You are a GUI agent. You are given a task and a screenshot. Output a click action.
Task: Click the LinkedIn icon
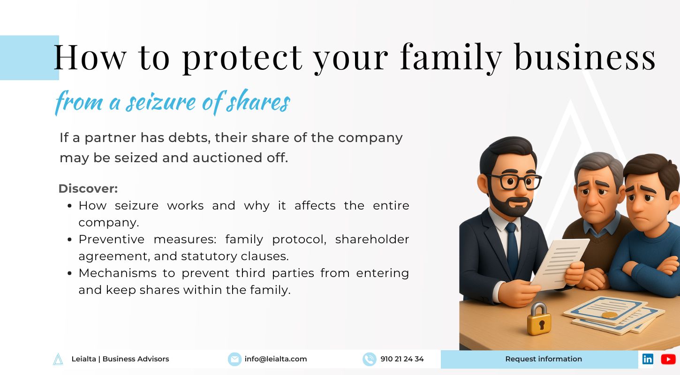(x=648, y=359)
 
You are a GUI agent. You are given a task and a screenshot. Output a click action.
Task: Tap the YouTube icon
(x=668, y=359)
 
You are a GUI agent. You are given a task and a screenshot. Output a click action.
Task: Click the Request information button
(x=544, y=359)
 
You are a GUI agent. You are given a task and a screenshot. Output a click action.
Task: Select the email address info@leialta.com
(x=276, y=359)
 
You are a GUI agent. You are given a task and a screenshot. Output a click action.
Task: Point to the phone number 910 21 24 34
(x=402, y=359)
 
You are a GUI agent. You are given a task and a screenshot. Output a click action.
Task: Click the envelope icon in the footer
(x=234, y=359)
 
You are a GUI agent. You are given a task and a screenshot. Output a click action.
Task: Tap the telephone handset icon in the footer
(x=369, y=359)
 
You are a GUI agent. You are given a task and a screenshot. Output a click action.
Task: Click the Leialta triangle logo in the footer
(x=58, y=359)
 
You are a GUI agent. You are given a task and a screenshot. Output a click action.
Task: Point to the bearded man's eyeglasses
(x=515, y=181)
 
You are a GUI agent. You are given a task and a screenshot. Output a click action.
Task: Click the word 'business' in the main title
(x=585, y=57)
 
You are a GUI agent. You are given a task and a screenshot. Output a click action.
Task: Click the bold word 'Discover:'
(x=88, y=189)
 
